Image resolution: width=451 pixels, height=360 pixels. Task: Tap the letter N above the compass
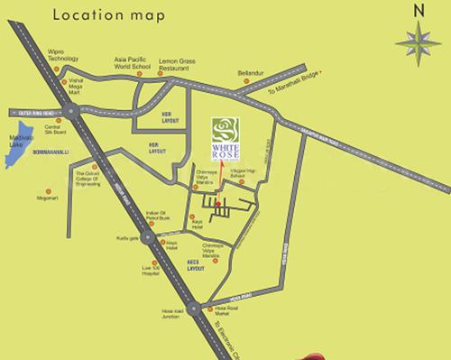[417, 11]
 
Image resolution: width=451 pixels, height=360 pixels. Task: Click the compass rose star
[417, 42]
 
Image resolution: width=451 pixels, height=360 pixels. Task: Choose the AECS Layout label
[192, 263]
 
